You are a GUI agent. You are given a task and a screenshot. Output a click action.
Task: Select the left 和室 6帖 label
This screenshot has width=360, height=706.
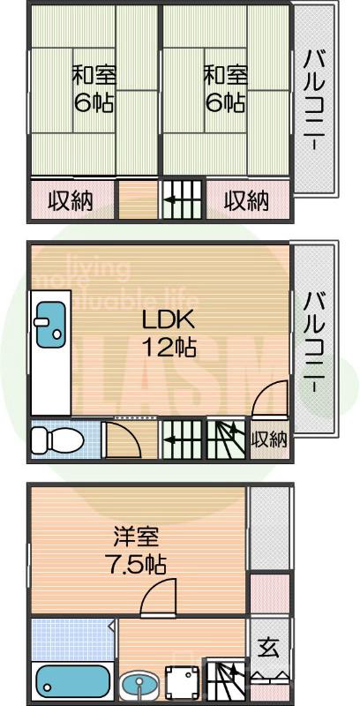[x=92, y=88]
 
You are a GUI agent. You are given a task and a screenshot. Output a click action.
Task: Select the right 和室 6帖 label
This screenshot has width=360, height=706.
[x=225, y=88]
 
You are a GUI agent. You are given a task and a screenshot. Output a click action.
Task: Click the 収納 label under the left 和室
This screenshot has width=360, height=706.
[x=70, y=201]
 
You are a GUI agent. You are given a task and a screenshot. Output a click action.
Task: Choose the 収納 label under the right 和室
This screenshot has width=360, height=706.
[x=245, y=201]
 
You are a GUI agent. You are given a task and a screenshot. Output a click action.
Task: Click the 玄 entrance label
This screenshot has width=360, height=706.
[x=267, y=647]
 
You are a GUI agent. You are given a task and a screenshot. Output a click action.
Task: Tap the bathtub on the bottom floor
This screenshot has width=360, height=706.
[x=73, y=681]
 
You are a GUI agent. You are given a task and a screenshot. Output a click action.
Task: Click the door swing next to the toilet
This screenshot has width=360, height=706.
[x=116, y=438]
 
